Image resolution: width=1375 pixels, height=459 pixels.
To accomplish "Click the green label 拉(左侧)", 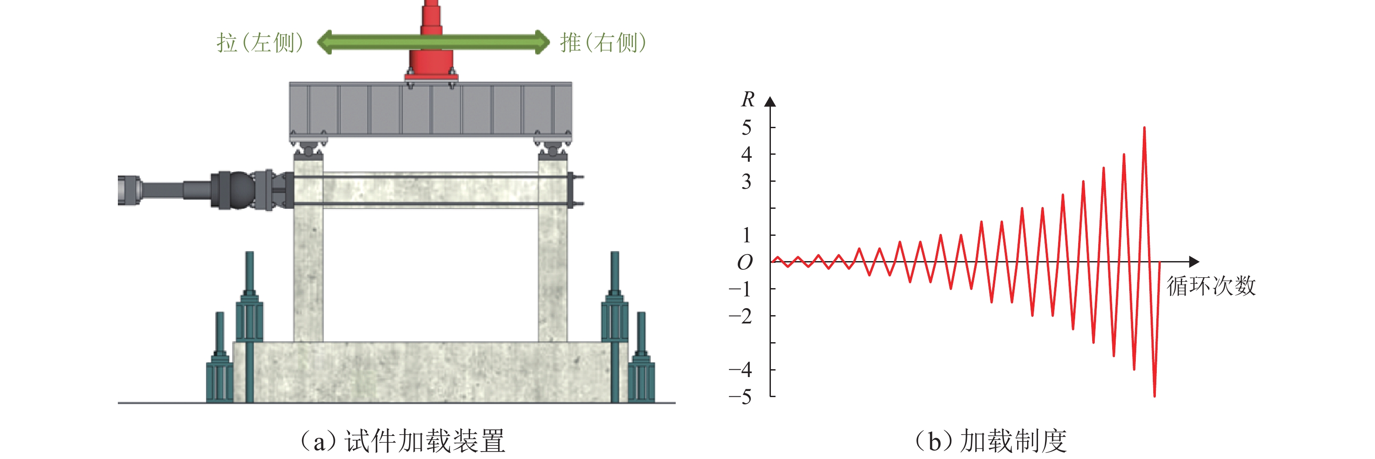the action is click(x=260, y=43).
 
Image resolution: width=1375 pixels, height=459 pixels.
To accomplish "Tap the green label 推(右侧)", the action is click(x=603, y=43).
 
